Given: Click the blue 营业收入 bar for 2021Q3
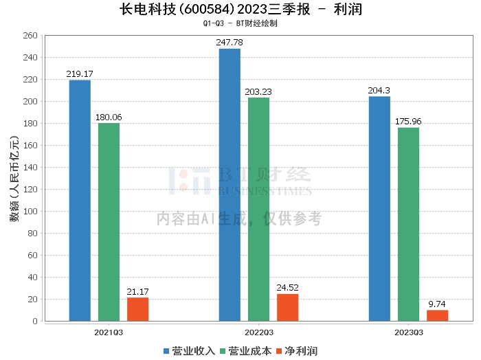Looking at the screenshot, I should [x=80, y=201].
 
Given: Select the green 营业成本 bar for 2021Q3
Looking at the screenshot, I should [x=109, y=222].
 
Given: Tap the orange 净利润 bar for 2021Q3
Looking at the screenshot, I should [x=137, y=309].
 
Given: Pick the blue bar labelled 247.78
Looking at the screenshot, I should [x=230, y=185].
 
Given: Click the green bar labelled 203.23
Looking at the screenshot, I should [x=258, y=210].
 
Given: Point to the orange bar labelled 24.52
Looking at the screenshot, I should [x=287, y=307].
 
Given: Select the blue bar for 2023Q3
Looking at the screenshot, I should [x=379, y=209].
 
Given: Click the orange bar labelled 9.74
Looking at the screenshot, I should [x=437, y=315].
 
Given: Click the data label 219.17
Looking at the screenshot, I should [x=80, y=74].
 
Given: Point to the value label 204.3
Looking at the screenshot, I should [x=379, y=90].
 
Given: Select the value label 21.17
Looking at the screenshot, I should [x=137, y=291].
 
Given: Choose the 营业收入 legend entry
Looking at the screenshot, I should [x=189, y=351].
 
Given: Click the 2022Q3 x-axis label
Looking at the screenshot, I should [x=258, y=332].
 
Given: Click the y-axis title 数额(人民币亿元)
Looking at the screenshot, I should [x=13, y=179].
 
